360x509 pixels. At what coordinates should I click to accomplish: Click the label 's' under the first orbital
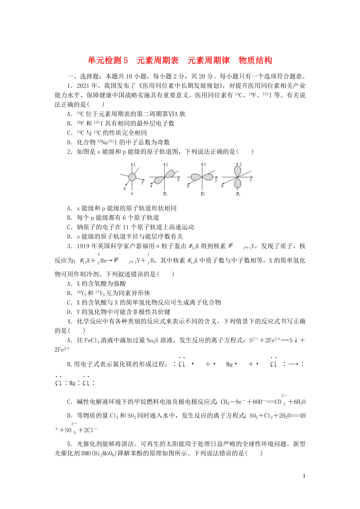point(132,193)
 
